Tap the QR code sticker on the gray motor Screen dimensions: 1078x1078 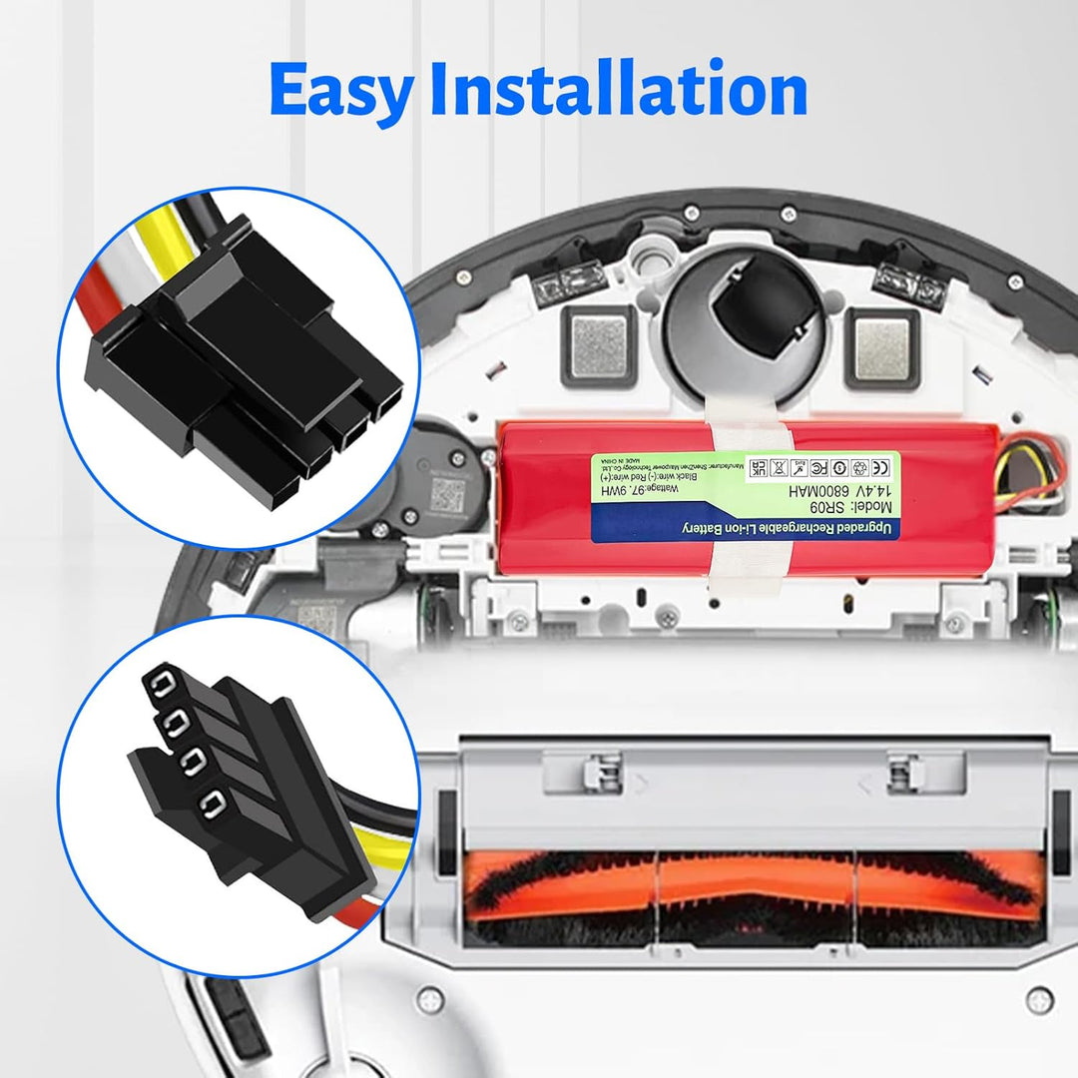click(x=449, y=492)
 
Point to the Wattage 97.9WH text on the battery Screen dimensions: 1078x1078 click(x=659, y=491)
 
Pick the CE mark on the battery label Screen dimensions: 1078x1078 click(x=881, y=466)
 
